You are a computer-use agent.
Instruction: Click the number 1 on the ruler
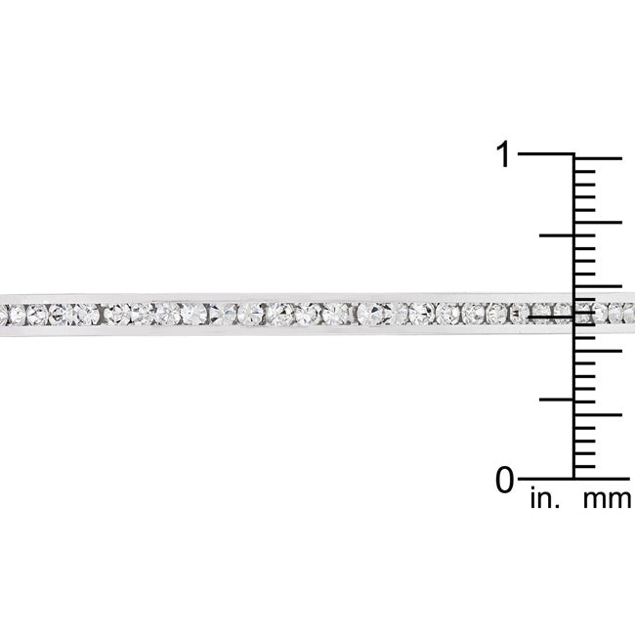(x=503, y=154)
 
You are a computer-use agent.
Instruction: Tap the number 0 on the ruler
(x=504, y=480)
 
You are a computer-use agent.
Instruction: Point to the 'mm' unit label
(x=606, y=501)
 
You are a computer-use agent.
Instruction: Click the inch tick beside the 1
(x=545, y=154)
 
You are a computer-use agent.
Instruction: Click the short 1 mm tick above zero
(x=585, y=466)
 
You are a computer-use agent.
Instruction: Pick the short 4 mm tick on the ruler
(x=585, y=427)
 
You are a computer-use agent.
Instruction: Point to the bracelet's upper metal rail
(x=293, y=295)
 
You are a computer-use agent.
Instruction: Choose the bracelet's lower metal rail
(x=293, y=334)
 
